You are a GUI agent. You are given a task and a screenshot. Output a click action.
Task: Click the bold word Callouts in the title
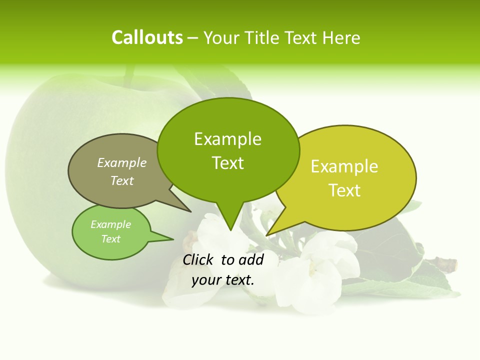click(x=147, y=37)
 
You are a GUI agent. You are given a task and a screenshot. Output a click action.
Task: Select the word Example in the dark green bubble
click(x=227, y=139)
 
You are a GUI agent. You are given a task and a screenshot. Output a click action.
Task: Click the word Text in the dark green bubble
click(x=227, y=163)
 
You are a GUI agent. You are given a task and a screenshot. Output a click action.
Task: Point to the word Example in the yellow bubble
click(x=344, y=166)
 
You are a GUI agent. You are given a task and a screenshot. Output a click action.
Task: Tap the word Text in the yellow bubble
click(x=344, y=190)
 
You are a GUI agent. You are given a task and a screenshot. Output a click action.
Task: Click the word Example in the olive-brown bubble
click(x=122, y=162)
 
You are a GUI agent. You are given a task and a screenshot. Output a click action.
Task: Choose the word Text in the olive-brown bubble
click(x=122, y=180)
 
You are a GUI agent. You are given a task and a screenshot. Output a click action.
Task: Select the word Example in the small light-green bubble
click(x=111, y=224)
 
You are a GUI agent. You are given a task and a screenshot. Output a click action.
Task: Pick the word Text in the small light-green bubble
click(x=111, y=239)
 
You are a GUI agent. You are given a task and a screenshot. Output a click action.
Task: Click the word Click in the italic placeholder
click(x=199, y=259)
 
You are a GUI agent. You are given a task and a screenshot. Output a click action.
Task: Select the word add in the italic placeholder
click(x=251, y=259)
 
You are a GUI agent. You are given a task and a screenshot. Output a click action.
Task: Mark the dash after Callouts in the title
click(x=193, y=38)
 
